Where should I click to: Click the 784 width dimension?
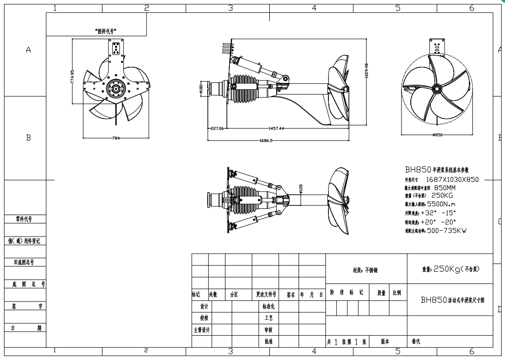[116, 138]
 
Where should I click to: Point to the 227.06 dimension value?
[216, 128]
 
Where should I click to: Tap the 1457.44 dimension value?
[276, 128]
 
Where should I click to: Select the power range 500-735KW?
[446, 231]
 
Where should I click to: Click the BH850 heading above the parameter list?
[418, 170]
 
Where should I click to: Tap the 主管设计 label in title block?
[201, 330]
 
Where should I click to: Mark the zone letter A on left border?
[28, 51]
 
